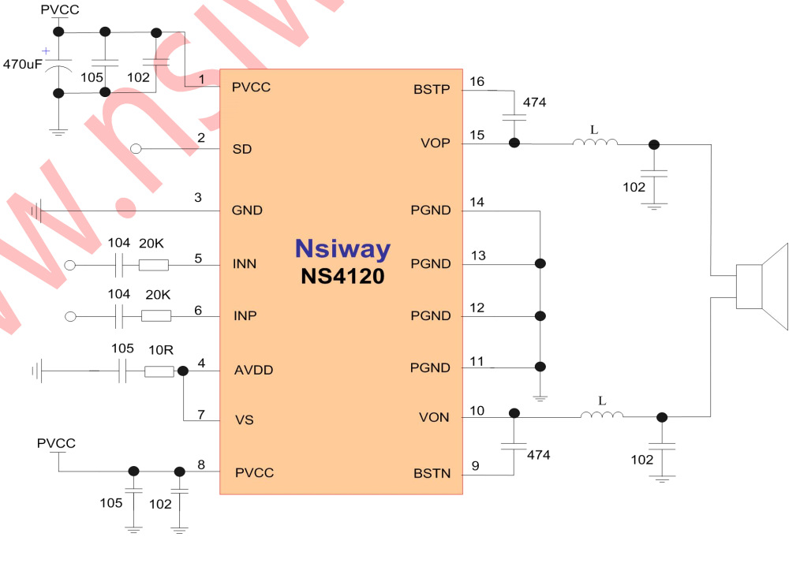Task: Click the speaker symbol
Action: pos(761,287)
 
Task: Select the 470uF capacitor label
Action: pos(22,64)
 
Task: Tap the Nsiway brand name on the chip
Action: pos(342,248)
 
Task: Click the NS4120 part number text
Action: pos(342,277)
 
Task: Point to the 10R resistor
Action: pos(159,371)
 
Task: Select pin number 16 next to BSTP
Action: pos(477,81)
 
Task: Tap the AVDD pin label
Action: pos(251,370)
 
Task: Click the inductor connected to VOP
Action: pos(595,143)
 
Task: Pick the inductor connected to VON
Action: pos(601,416)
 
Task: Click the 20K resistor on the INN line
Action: pos(153,265)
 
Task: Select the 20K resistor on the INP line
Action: pos(156,316)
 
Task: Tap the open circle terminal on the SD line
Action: pos(136,148)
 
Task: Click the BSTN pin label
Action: pos(432,474)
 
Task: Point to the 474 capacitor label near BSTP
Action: pos(534,103)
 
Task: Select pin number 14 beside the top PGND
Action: pos(477,203)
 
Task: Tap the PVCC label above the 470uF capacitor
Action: pos(59,10)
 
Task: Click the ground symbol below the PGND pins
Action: pos(540,398)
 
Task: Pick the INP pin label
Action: pos(245,316)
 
